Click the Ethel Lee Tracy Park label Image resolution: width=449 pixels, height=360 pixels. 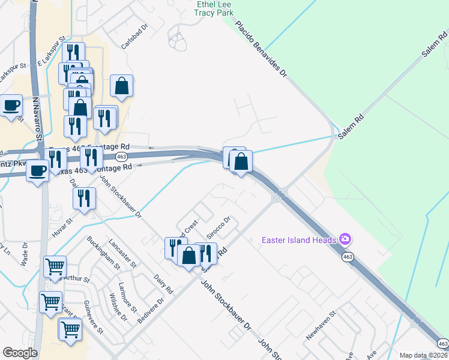pyautogui.click(x=215, y=8)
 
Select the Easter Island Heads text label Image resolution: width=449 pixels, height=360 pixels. pyautogui.click(x=298, y=241)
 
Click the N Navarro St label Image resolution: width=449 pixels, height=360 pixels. pyautogui.click(x=37, y=121)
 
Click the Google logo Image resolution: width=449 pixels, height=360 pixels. pyautogui.click(x=20, y=353)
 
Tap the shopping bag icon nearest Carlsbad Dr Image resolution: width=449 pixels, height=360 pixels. pyautogui.click(x=121, y=86)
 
